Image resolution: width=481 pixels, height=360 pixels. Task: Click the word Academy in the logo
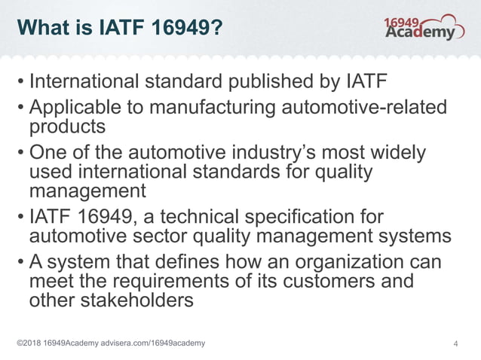[x=420, y=32]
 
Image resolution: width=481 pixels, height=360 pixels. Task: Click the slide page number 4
[x=455, y=344]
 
